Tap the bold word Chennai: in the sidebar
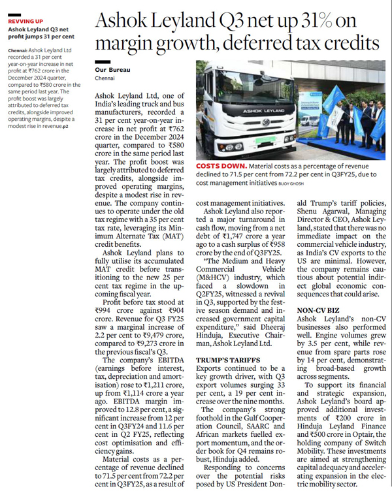18,49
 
